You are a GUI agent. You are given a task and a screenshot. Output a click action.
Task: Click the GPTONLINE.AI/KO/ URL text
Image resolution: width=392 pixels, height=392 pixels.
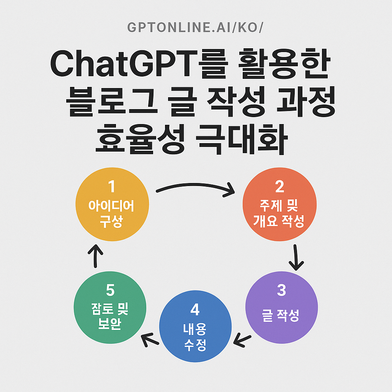[196, 28]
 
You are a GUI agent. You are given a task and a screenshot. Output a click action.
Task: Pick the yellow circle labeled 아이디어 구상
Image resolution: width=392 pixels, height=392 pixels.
[111, 206]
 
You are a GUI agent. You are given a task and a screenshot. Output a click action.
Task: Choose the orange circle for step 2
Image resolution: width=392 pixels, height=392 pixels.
[280, 206]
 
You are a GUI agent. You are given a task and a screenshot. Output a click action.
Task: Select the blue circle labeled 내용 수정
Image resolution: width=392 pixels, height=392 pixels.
[195, 327]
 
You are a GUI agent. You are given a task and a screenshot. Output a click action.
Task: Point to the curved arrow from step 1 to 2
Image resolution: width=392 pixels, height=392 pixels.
[195, 188]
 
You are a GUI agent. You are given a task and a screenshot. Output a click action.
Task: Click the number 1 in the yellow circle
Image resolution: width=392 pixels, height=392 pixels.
[111, 187]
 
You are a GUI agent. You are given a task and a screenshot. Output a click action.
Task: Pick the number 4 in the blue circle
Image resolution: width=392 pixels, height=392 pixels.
[195, 309]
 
